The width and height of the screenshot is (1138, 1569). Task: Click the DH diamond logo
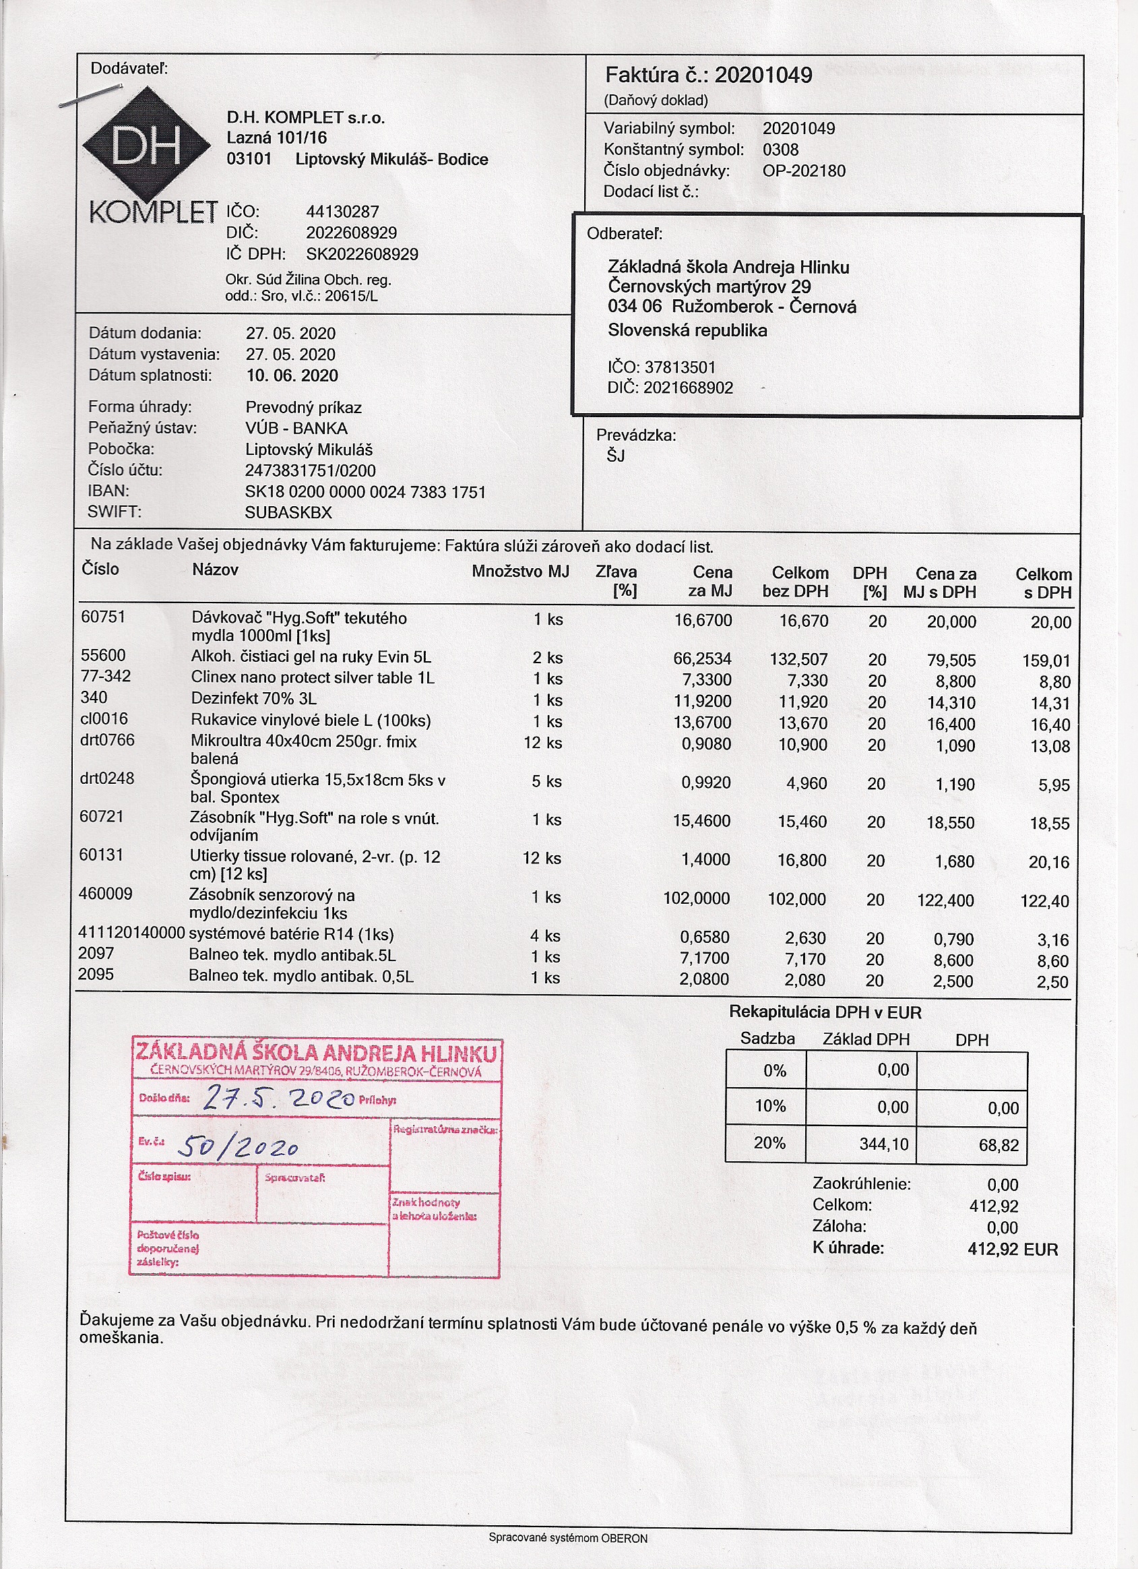pos(146,146)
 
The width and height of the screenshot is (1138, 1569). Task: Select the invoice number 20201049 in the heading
pos(763,75)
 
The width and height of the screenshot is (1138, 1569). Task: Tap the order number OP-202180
pos(804,171)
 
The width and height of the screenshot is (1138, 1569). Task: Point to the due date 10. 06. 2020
pos(292,375)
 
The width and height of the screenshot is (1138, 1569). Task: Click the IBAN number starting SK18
pos(365,492)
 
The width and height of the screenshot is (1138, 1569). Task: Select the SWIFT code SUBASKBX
pos(288,513)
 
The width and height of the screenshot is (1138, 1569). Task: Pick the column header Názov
pos(215,570)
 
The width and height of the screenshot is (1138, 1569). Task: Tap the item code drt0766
pos(107,740)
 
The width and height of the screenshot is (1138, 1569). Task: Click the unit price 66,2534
pos(702,658)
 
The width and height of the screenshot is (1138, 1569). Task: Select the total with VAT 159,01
pos(1046,660)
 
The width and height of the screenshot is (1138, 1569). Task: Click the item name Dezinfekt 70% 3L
pos(254,699)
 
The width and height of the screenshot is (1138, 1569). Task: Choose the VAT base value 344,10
pos(883,1144)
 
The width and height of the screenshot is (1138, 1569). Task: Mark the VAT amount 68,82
pos(999,1145)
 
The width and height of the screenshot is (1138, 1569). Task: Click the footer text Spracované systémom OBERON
pos(568,1539)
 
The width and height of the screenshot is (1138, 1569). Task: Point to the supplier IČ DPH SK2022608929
pos(362,254)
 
